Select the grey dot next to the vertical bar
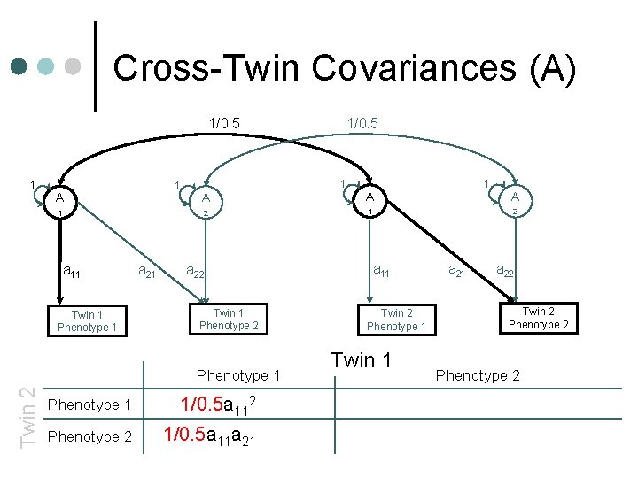coord(74,67)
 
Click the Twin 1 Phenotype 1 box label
coord(87,321)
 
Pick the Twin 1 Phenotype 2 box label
coord(229,319)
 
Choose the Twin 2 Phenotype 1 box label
coord(396,320)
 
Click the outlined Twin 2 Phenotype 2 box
coord(538,318)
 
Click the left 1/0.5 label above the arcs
coord(224,123)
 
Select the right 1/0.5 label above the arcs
coord(362,123)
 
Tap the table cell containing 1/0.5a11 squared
coord(219,405)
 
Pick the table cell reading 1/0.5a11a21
coord(211,436)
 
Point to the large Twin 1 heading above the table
coord(361,360)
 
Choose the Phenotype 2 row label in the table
coord(89,436)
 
